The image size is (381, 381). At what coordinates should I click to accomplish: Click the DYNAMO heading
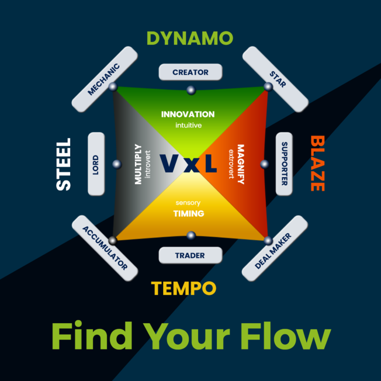tap(190, 39)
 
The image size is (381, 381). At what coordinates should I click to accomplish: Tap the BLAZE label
tap(317, 164)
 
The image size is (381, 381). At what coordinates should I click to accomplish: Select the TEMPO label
tap(184, 288)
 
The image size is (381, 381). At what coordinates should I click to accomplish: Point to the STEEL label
tap(63, 164)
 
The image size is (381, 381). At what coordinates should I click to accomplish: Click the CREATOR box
tap(190, 72)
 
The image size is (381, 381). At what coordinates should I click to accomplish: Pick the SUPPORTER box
tap(284, 164)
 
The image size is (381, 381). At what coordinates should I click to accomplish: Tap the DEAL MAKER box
tap(274, 248)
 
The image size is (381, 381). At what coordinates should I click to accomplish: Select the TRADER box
tap(190, 255)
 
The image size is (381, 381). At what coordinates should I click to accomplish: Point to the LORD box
tap(96, 164)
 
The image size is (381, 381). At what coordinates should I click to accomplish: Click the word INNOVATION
tap(188, 115)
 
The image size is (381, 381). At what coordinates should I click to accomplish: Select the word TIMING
tap(188, 214)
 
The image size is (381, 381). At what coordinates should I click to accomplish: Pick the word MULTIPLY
tap(138, 164)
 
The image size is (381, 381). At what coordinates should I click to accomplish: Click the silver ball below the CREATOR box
tap(190, 91)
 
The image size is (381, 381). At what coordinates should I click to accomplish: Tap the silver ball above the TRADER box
tap(190, 235)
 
